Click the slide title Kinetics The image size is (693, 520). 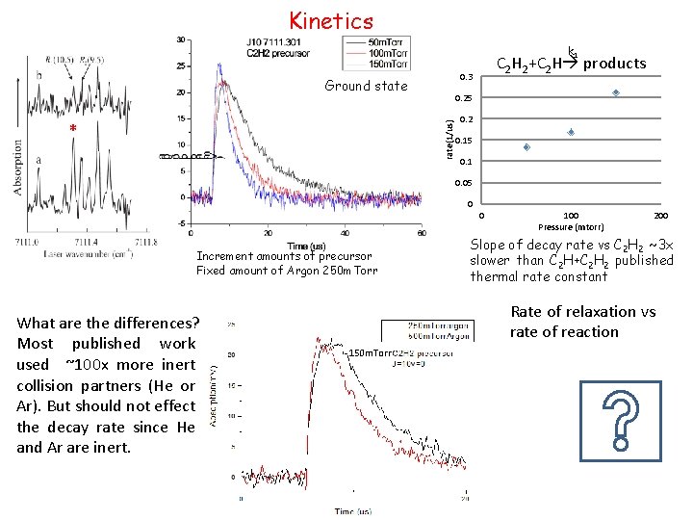(331, 19)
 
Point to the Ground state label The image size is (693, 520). (366, 86)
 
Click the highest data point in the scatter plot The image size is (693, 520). (616, 93)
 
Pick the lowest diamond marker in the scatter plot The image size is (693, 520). (526, 147)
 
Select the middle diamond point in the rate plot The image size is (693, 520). (571, 132)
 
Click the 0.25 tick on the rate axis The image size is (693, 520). (466, 98)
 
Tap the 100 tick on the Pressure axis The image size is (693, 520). (571, 215)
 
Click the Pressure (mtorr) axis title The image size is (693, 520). (571, 227)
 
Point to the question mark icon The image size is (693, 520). (620, 421)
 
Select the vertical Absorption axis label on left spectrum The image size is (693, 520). (17, 168)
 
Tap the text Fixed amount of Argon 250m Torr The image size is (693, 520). (284, 271)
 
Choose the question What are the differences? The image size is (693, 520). (108, 323)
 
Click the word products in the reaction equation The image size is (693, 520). (615, 64)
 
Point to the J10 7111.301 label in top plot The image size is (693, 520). (273, 42)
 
